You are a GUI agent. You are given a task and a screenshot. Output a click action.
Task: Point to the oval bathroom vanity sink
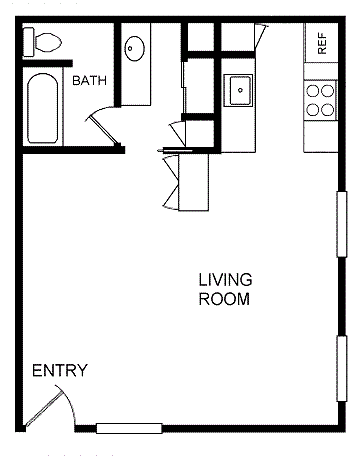(134, 47)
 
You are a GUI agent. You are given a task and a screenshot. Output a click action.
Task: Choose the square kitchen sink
(240, 91)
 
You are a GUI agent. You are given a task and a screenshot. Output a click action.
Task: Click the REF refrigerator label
(322, 44)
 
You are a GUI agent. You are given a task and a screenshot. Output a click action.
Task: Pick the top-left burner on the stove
(313, 89)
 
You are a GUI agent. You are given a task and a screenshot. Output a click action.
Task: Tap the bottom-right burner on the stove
(328, 108)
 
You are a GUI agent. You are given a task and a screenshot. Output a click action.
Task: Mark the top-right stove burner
(328, 89)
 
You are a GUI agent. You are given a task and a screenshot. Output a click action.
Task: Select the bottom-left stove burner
(313, 108)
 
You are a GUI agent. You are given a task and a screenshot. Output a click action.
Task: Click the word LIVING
(225, 279)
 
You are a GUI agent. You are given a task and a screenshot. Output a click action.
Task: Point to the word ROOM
(224, 298)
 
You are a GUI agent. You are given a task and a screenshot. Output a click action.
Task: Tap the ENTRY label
(60, 371)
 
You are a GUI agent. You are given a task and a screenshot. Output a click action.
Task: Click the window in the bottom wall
(129, 428)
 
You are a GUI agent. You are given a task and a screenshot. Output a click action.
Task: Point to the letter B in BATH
(75, 82)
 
